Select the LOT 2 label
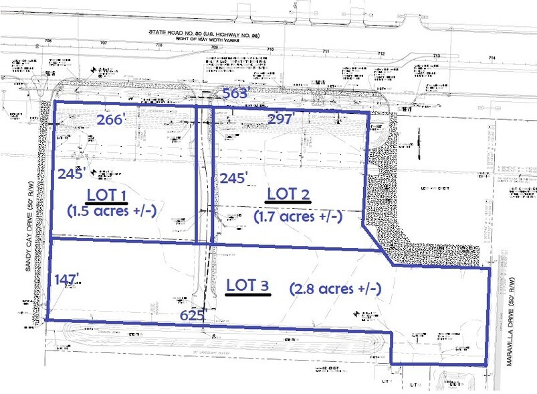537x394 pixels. (x=288, y=194)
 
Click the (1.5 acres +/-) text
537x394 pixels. (x=111, y=210)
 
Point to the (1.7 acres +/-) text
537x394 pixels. (x=298, y=216)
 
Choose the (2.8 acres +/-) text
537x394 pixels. (x=335, y=289)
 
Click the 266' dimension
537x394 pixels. (x=111, y=120)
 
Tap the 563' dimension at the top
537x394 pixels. (x=236, y=94)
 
